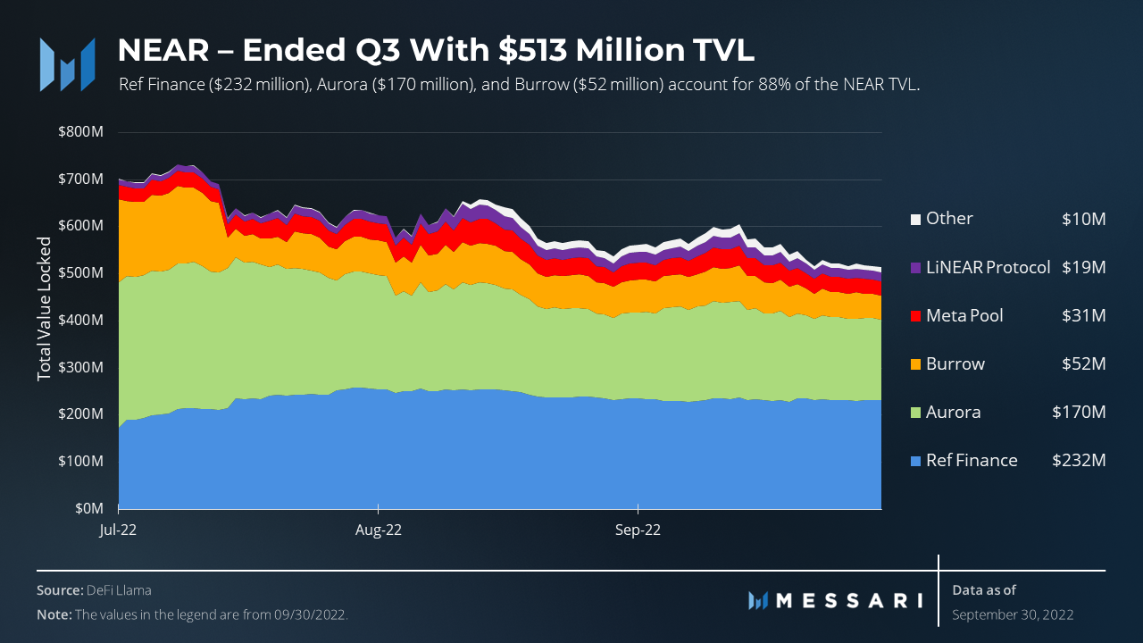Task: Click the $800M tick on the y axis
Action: pyautogui.click(x=80, y=132)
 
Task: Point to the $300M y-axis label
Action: pyautogui.click(x=80, y=367)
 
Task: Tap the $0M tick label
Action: pyautogui.click(x=88, y=508)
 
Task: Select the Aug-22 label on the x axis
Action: pyautogui.click(x=379, y=530)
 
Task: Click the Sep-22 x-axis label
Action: pyautogui.click(x=638, y=530)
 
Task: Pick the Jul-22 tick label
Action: pyautogui.click(x=118, y=530)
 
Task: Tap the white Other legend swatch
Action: pyautogui.click(x=914, y=219)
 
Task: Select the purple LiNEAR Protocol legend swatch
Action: pyautogui.click(x=914, y=268)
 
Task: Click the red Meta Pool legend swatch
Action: pyautogui.click(x=914, y=316)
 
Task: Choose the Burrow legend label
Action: pyautogui.click(x=955, y=364)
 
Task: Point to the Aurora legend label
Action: pyautogui.click(x=953, y=413)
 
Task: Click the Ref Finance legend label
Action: pyautogui.click(x=972, y=461)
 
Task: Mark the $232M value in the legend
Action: pyautogui.click(x=1079, y=461)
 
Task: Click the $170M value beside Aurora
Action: pyautogui.click(x=1079, y=413)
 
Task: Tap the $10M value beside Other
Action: pyautogui.click(x=1083, y=219)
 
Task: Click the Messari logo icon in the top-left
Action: pyautogui.click(x=68, y=64)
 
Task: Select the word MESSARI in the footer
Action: pyautogui.click(x=848, y=600)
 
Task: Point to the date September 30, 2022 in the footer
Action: pyautogui.click(x=1013, y=614)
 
